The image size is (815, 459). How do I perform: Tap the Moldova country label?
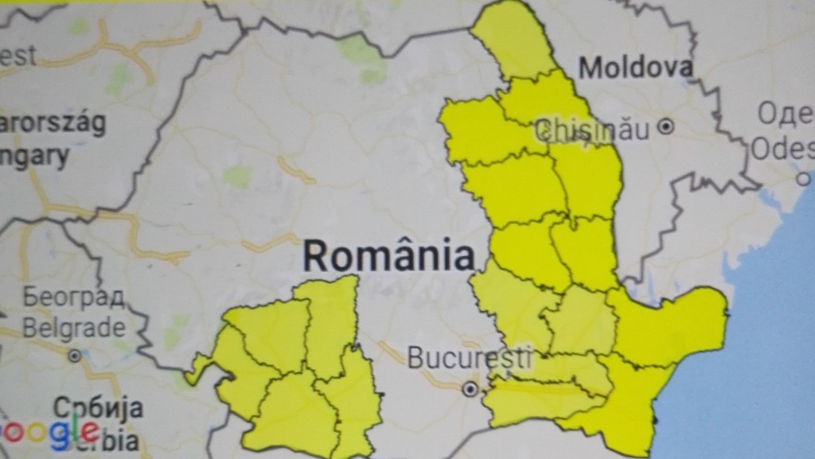[x=635, y=68]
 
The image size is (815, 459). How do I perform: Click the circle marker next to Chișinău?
[x=666, y=126]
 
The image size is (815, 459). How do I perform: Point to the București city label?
[x=458, y=358]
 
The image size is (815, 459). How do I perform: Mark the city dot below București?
[x=470, y=389]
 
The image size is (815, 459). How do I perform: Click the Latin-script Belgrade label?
[x=73, y=327]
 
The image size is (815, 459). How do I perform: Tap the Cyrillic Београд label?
[x=73, y=298]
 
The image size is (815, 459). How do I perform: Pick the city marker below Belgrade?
[x=75, y=356]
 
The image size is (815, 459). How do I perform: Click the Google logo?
[x=49, y=434]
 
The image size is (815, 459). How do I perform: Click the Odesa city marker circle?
[x=803, y=178]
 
